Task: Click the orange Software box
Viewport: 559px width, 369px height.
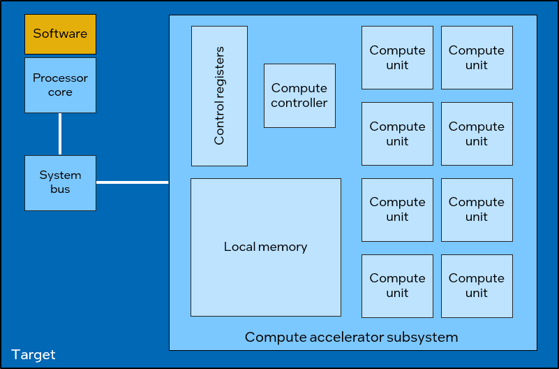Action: (60, 34)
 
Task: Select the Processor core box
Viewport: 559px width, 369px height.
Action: (60, 85)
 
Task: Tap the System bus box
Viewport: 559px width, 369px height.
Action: (60, 182)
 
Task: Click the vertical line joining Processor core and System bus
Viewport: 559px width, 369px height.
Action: (60, 134)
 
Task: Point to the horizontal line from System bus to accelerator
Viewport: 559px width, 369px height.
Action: (133, 182)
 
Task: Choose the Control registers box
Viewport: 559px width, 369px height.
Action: (219, 96)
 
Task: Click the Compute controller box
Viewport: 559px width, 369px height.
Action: (299, 96)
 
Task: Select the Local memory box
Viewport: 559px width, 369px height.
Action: (266, 247)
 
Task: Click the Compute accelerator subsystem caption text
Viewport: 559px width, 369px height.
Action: (351, 338)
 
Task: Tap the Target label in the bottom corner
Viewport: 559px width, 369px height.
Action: (33, 354)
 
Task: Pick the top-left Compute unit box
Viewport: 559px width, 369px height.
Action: (397, 57)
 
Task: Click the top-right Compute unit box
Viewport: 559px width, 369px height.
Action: (477, 57)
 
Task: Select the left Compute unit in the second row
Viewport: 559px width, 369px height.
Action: (397, 133)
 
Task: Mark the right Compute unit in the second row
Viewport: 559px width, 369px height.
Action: (477, 133)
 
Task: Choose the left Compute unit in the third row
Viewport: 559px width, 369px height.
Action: (397, 209)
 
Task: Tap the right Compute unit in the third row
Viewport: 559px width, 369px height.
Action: (477, 209)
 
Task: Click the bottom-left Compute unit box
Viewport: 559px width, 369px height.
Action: (397, 285)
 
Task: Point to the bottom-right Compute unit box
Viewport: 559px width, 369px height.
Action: (477, 285)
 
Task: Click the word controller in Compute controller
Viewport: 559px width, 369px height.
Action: (299, 103)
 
